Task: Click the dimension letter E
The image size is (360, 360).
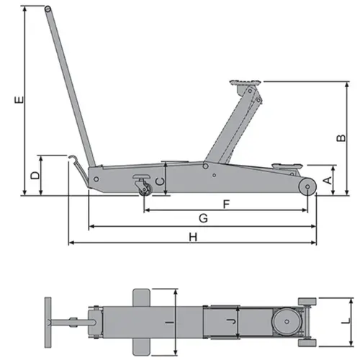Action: (x=19, y=99)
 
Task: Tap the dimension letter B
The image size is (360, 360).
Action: (x=341, y=138)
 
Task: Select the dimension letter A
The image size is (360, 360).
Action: (x=328, y=180)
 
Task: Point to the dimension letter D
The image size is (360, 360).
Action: (x=35, y=175)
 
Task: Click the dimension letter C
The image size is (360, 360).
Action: (x=160, y=181)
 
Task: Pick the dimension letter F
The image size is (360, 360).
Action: (x=226, y=204)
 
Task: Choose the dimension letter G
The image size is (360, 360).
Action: (x=203, y=218)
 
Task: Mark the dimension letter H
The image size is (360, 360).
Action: (x=193, y=237)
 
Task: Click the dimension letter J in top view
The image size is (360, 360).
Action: (x=231, y=321)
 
